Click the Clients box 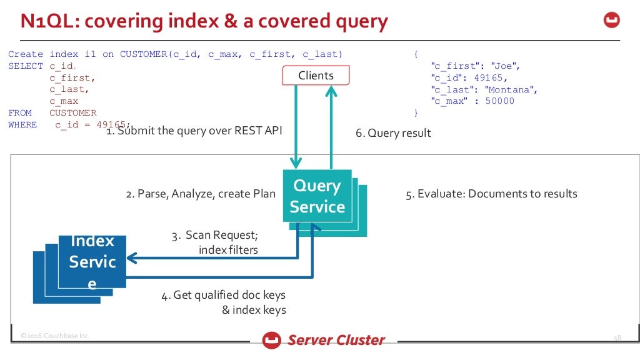tap(316, 76)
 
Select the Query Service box tap(317, 196)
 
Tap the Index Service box tap(92, 262)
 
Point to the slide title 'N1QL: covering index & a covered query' tap(204, 22)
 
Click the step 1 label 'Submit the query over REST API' tap(194, 131)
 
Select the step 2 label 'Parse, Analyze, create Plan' tap(201, 194)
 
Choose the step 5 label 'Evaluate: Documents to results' tap(491, 194)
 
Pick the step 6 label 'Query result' tap(393, 133)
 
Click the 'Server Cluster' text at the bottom tap(336, 340)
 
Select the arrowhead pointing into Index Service tap(132, 257)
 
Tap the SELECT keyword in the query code tap(26, 66)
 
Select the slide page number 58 tap(617, 338)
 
